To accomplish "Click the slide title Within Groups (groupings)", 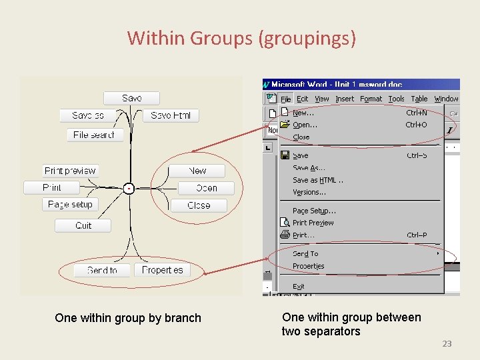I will coord(241,38).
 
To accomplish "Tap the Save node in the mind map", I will coord(132,99).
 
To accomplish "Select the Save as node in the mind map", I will coord(88,115).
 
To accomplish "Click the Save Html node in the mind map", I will coord(171,115).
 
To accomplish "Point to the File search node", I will coord(94,135).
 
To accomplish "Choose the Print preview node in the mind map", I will coord(71,171).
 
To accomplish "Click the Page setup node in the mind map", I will coord(70,205).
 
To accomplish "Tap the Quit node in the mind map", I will coord(83,226).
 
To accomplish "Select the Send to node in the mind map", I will coord(102,270).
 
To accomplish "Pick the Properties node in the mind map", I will coord(163,270).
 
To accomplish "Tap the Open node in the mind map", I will coord(207,188).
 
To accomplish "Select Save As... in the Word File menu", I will coord(309,168).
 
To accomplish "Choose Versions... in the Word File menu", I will coord(309,192).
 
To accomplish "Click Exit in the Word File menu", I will coord(299,287).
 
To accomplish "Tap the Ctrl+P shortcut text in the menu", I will coord(417,235).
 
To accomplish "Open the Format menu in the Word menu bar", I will coord(371,99).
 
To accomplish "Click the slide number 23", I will coord(447,344).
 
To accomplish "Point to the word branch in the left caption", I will coord(183,318).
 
